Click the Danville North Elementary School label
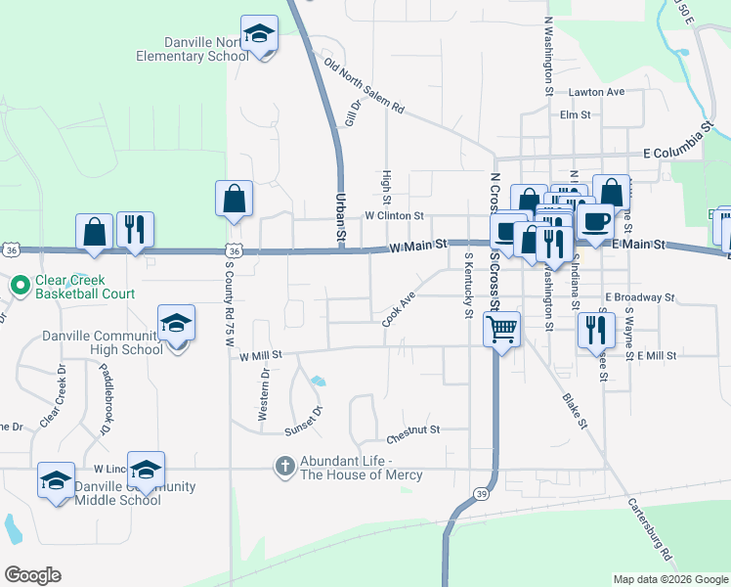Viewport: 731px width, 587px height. click(193, 49)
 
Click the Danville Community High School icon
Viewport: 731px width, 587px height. click(176, 323)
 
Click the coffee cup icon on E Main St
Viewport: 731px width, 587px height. click(594, 220)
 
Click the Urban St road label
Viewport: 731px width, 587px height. click(341, 217)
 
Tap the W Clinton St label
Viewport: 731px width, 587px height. click(394, 215)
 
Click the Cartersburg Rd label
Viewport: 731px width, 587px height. click(650, 531)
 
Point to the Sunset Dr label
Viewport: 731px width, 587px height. click(302, 420)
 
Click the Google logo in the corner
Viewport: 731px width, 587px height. click(32, 574)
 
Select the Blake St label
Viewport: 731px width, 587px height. click(574, 412)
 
